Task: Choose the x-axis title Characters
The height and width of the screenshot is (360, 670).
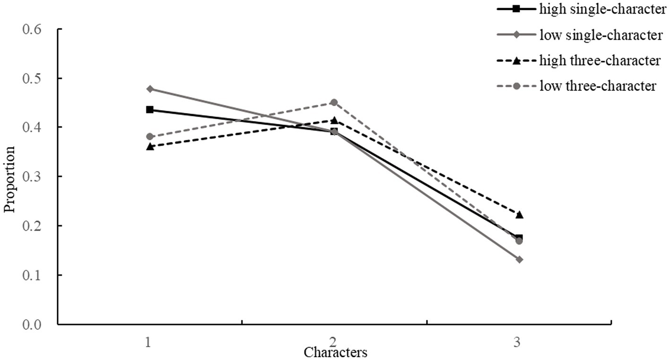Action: tap(335, 352)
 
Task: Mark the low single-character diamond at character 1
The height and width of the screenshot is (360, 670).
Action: tap(150, 89)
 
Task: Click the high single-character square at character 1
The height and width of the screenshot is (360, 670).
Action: tap(150, 110)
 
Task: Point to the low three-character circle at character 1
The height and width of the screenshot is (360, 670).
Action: tap(150, 137)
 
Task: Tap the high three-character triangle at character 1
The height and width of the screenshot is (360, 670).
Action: tap(150, 147)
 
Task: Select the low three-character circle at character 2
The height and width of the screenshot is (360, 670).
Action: tap(334, 102)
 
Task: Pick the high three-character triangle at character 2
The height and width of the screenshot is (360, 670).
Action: tap(334, 120)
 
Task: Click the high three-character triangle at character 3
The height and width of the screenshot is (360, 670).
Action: tap(519, 215)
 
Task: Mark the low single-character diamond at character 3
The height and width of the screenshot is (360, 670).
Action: tap(519, 260)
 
